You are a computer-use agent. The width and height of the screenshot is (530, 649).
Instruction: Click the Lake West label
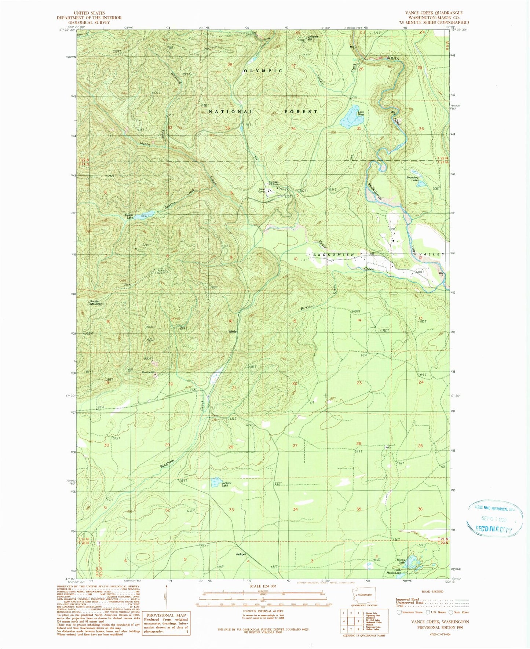(361, 113)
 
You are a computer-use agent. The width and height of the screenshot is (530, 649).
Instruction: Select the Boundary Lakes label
(412, 179)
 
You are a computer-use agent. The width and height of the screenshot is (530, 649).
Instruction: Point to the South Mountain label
(96, 303)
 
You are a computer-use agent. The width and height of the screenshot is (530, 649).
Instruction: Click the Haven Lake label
(129, 216)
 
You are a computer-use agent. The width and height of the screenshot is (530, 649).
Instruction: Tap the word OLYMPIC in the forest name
(263, 70)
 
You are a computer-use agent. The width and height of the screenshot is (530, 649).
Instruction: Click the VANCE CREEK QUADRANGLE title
(434, 13)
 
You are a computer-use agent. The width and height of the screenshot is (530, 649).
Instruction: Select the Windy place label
(233, 331)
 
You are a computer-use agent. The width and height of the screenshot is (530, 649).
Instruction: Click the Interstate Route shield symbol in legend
(399, 612)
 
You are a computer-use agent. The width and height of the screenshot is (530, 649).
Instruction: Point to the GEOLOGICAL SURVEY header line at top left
(89, 22)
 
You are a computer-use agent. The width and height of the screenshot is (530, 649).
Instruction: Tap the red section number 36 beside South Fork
(421, 129)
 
